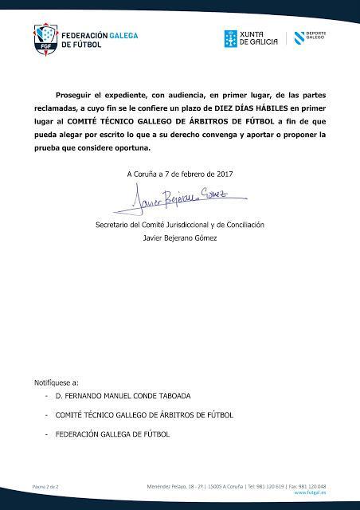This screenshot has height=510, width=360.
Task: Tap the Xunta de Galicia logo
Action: [250, 37]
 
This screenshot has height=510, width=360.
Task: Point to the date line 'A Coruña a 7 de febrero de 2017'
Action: [180, 174]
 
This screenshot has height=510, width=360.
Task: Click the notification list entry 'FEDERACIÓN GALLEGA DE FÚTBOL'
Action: [112, 434]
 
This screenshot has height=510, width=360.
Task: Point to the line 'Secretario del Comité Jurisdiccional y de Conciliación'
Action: [180, 226]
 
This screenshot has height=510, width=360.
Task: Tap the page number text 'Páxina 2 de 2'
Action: [46, 485]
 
